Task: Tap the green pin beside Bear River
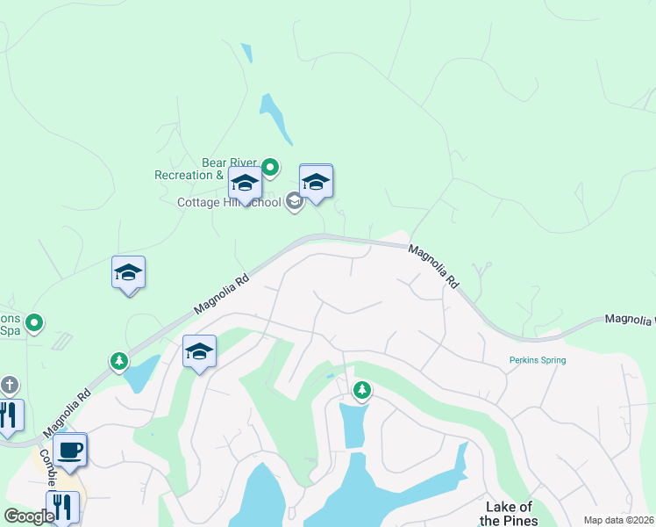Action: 271,166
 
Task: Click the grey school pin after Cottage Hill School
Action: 294,203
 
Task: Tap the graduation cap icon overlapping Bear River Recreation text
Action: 245,183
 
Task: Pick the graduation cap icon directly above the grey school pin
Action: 316,181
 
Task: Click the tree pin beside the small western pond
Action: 119,360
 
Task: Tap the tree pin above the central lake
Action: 361,389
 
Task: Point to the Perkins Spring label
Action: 538,360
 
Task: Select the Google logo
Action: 29,516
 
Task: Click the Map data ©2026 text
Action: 618,520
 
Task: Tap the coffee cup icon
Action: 70,450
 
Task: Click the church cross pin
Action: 10,385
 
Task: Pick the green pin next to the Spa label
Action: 34,324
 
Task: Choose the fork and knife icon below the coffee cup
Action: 63,506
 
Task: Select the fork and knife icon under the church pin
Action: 8,415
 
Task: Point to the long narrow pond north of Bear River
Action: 275,119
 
